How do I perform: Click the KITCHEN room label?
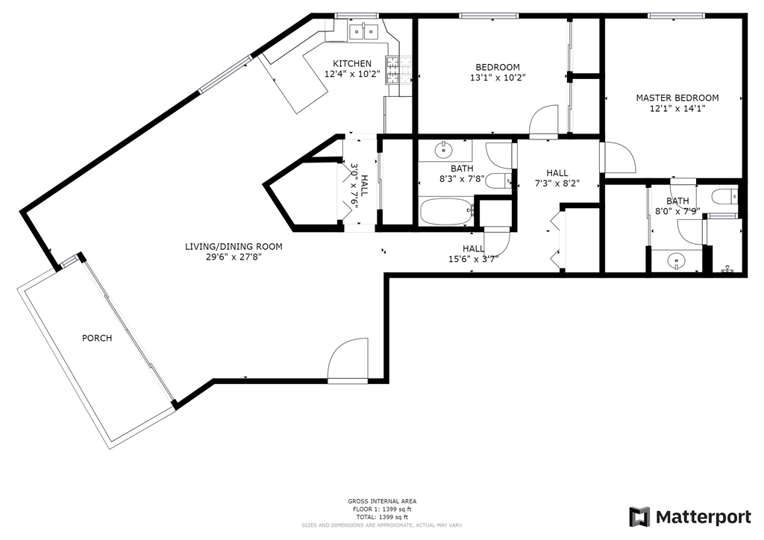[352, 63]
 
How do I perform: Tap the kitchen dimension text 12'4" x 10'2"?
[352, 74]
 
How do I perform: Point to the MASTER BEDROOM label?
[677, 98]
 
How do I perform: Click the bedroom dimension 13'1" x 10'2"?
[498, 78]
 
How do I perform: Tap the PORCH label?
[97, 338]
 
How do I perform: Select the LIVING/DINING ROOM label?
[234, 246]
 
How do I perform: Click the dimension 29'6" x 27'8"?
[234, 257]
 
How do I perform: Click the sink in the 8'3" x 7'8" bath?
[444, 149]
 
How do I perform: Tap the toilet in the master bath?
[725, 197]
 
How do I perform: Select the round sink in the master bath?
[676, 261]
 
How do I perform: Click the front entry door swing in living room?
[348, 359]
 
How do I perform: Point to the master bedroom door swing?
[619, 157]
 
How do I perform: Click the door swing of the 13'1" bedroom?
[543, 119]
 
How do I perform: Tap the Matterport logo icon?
[639, 517]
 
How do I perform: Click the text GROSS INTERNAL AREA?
[382, 501]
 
